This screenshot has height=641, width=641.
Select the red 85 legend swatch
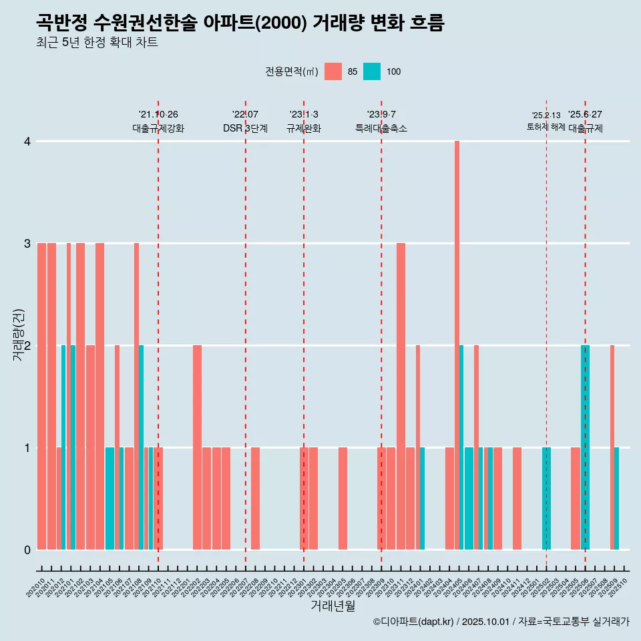(x=333, y=71)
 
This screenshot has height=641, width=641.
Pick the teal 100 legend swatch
(x=372, y=71)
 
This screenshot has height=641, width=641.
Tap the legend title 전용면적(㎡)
(x=292, y=71)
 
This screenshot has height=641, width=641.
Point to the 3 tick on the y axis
(x=27, y=244)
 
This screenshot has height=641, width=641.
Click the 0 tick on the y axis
(x=27, y=550)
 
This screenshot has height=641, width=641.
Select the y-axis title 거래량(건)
(x=19, y=334)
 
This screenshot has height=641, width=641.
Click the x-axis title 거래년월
(x=333, y=606)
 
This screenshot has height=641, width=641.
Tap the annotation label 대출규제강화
(x=158, y=128)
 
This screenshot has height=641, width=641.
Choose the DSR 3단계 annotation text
(x=245, y=128)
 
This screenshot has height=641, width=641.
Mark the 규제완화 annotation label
(x=304, y=128)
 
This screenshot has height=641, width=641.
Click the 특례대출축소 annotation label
(x=381, y=128)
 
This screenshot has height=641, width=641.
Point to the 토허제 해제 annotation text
(x=546, y=127)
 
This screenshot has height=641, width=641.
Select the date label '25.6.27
(x=585, y=114)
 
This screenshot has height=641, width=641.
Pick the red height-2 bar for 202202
(x=197, y=447)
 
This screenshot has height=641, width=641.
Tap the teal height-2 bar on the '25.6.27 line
(x=585, y=447)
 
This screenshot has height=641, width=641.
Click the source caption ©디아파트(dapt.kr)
(x=413, y=622)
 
